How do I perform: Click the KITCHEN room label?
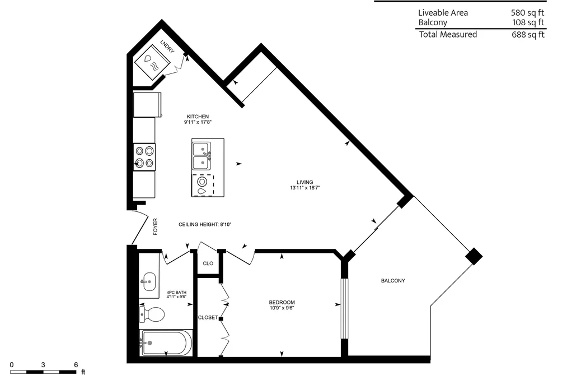[198, 117]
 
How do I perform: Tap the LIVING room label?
[305, 182]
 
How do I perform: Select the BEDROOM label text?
[282, 302]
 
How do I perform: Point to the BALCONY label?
[393, 280]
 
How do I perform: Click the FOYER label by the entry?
[156, 226]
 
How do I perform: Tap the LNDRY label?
[167, 47]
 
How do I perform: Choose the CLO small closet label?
[208, 263]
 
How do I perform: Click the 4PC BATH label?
[176, 293]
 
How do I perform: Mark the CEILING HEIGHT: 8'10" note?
[205, 224]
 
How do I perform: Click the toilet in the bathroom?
[152, 314]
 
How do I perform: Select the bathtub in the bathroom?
[166, 343]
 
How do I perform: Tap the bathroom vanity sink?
[149, 281]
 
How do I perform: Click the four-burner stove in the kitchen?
[144, 157]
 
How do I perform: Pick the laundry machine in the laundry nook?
[152, 62]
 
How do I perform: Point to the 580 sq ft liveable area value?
[527, 13]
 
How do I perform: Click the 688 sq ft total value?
[528, 34]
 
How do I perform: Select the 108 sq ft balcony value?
[528, 22]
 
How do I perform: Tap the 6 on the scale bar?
[76, 364]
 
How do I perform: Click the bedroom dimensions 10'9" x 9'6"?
[282, 308]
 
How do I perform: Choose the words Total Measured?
[448, 34]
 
